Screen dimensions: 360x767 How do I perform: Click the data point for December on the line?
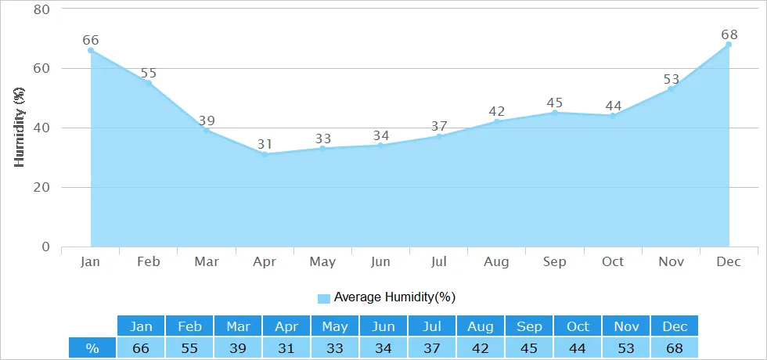(729, 45)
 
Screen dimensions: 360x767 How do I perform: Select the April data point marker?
(265, 154)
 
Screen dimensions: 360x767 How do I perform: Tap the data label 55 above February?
(149, 74)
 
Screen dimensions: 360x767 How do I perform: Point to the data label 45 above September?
(555, 103)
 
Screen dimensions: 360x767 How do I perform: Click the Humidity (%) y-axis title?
(20, 128)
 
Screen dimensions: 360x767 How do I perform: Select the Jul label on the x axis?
(439, 261)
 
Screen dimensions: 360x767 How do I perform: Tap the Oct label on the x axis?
(613, 261)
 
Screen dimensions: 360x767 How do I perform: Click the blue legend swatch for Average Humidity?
(324, 297)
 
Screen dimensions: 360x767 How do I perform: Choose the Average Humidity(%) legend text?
(394, 297)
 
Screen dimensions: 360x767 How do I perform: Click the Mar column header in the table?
(238, 326)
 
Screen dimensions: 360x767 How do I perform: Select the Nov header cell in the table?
(625, 326)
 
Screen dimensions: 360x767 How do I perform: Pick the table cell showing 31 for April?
(286, 347)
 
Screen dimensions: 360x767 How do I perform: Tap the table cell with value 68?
(674, 347)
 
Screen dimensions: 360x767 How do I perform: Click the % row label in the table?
(92, 347)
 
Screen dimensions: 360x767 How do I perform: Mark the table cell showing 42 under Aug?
(480, 347)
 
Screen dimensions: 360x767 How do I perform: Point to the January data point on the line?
(91, 51)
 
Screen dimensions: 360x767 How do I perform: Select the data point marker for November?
(671, 89)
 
